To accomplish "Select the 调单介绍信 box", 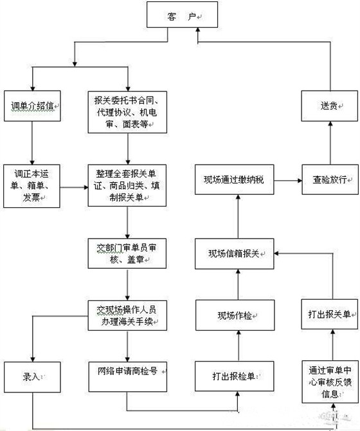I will (32, 104).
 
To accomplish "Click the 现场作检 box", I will (238, 315).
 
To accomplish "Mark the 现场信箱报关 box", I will (238, 253).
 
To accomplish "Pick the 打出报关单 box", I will (330, 315).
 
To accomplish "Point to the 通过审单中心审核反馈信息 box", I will (330, 378).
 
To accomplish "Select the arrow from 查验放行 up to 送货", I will (330, 143).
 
